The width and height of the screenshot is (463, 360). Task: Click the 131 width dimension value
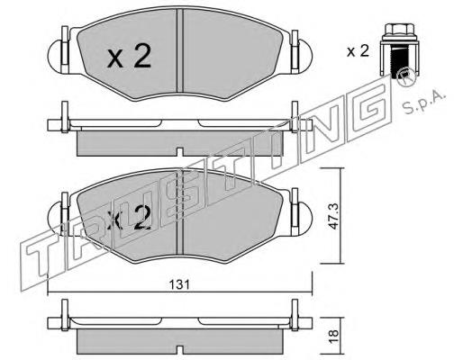coord(179,284)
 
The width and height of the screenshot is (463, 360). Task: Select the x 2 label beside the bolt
coord(358,51)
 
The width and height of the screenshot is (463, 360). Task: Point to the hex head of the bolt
coord(395,31)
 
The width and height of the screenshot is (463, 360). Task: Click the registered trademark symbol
coord(405,78)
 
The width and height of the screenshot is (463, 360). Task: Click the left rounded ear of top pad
coord(56,56)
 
